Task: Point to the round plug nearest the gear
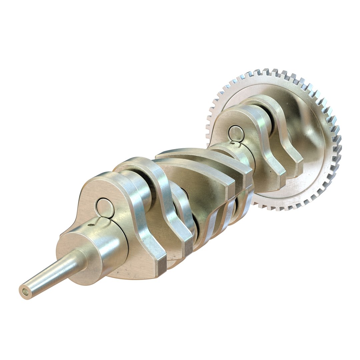click(x=236, y=134)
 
